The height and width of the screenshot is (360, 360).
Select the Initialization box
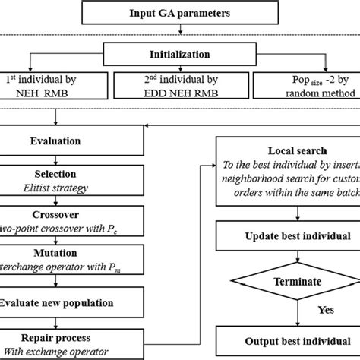click(x=179, y=56)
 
